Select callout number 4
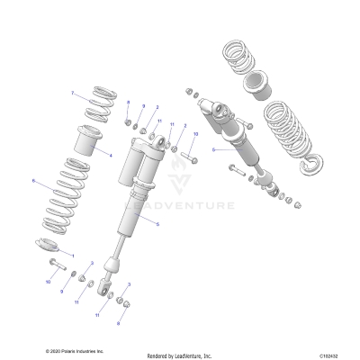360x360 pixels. point(110,156)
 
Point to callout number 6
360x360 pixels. point(33,181)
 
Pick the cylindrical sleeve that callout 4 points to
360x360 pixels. point(90,142)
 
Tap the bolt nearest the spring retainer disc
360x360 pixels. point(56,265)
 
